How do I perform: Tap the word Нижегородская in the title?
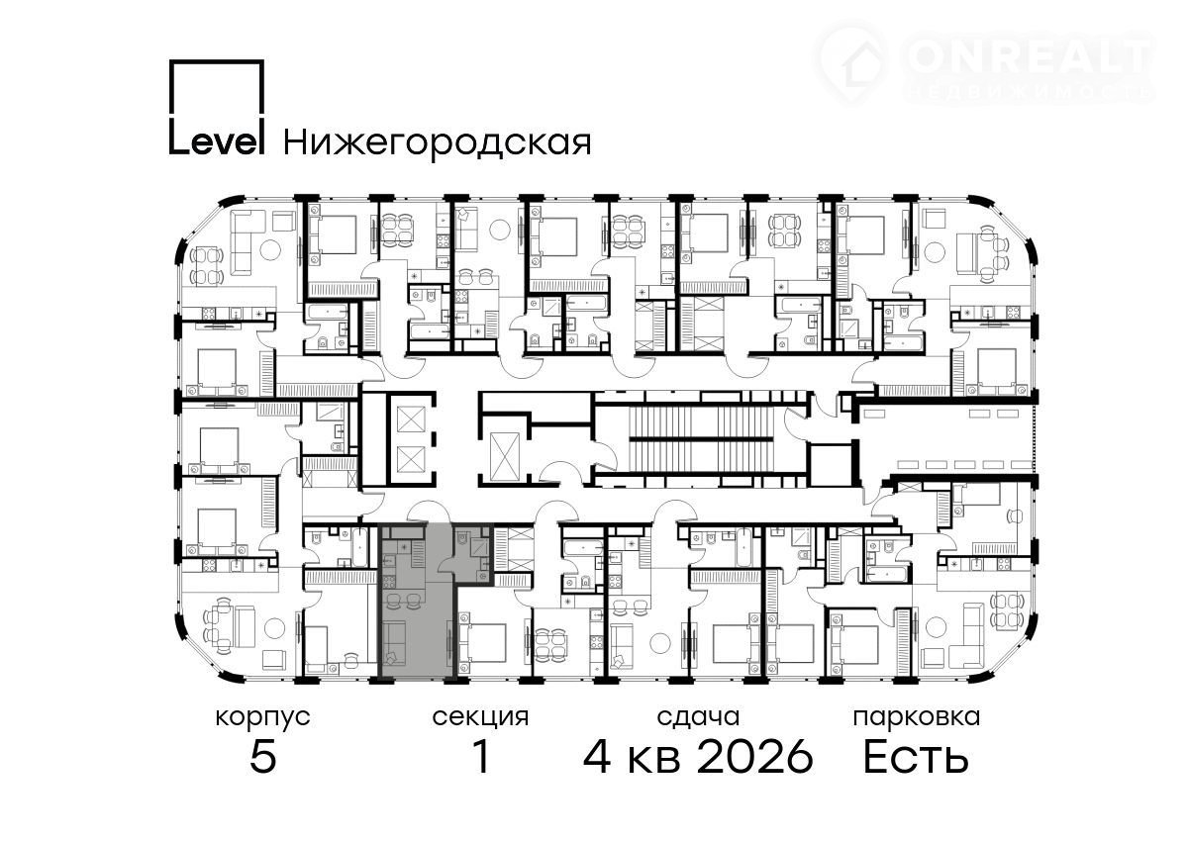[438, 142]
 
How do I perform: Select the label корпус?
[262, 718]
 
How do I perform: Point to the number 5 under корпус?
[263, 756]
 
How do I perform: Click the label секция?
[480, 718]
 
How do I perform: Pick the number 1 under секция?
[481, 756]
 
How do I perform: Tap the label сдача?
[698, 718]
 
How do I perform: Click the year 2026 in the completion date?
[754, 756]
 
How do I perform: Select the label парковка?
[917, 718]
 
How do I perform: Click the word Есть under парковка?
[916, 756]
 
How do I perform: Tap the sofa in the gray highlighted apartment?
[394, 643]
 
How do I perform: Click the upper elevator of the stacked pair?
[411, 420]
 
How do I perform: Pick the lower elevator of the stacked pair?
[411, 459]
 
